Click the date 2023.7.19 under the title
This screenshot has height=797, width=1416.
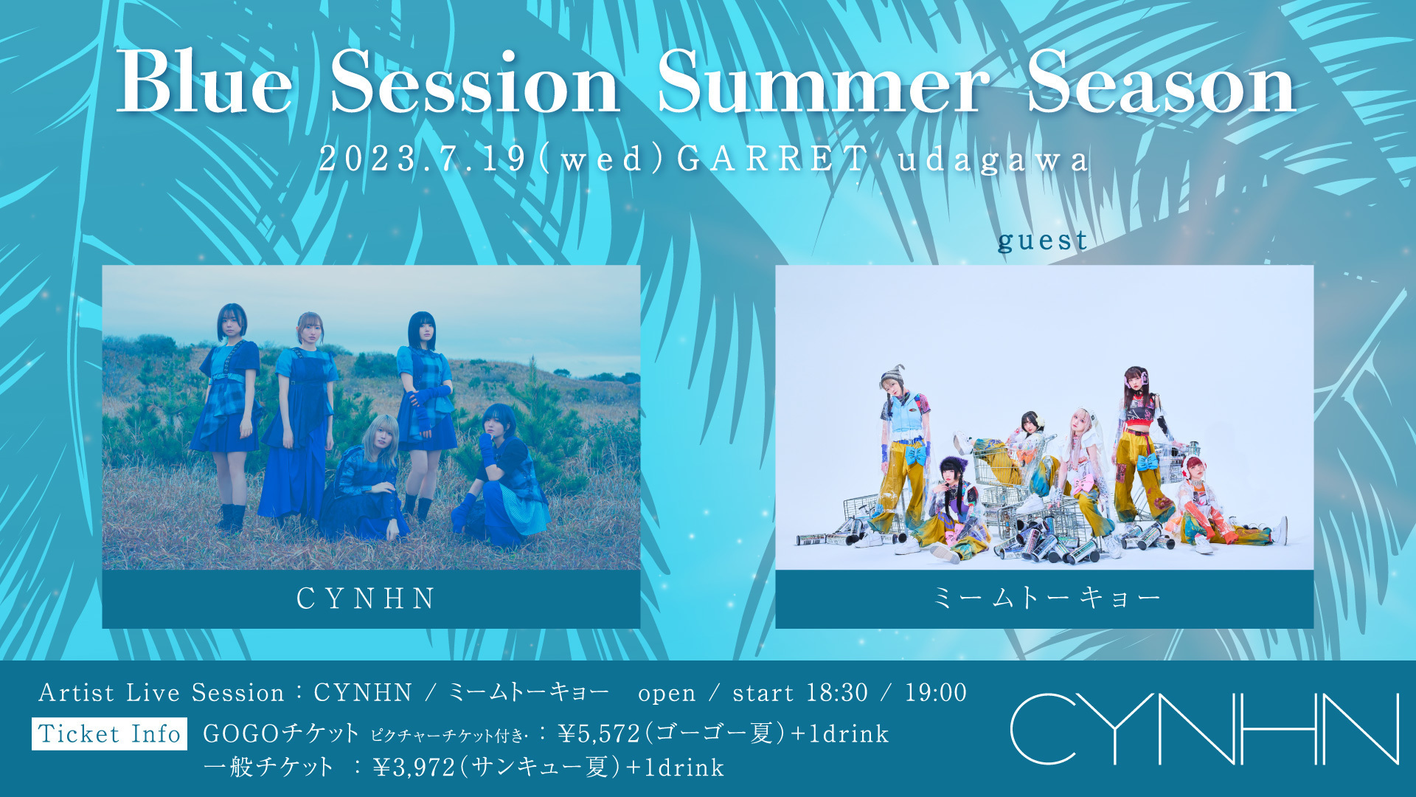pos(423,159)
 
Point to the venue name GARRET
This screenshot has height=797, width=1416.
pos(771,159)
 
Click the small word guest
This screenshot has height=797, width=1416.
pos(1043,241)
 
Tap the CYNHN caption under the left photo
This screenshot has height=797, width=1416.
pos(367,598)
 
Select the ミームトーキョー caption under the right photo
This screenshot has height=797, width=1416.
pos(1047,598)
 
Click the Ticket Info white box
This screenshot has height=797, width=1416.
pos(109,734)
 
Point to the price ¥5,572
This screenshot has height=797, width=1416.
pos(599,734)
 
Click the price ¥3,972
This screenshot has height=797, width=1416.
pos(414,767)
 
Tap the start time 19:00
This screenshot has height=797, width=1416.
pos(936,692)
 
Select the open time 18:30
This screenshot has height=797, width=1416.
pos(837,692)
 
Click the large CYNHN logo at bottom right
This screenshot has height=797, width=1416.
pos(1204,729)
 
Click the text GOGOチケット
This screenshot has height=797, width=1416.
pos(281,734)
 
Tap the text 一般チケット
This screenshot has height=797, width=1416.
pos(268,767)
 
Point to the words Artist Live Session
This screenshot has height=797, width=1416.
pos(162,692)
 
